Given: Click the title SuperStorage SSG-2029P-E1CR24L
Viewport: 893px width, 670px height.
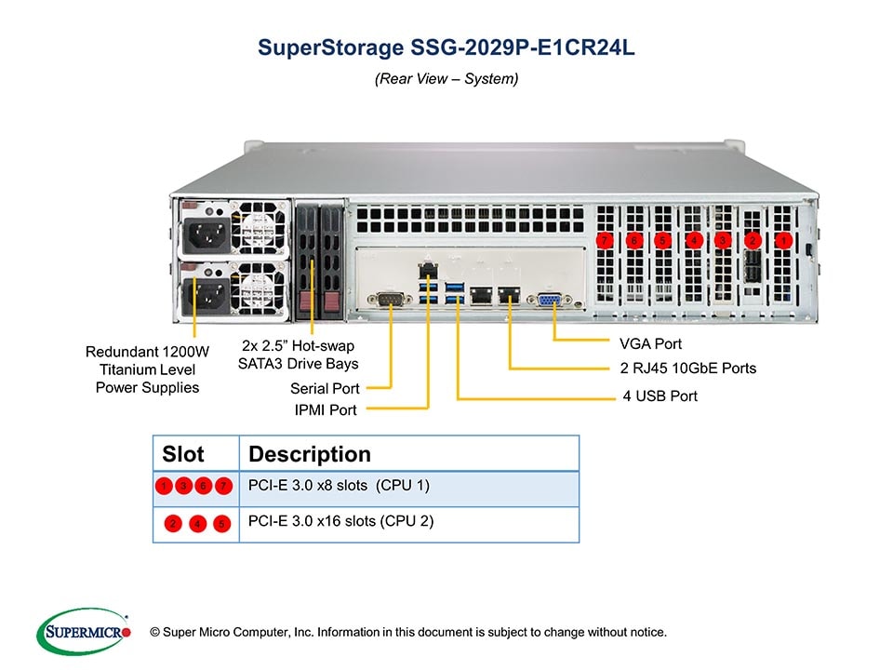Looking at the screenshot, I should [x=446, y=47].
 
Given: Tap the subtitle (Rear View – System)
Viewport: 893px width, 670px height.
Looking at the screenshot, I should [x=446, y=79].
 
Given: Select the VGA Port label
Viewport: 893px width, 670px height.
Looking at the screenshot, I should [x=650, y=343].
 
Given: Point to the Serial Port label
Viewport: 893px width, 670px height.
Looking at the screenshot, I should [x=325, y=388].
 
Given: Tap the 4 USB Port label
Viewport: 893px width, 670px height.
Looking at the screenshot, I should [x=660, y=396].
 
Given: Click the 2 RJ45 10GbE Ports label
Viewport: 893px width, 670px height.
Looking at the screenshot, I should [x=687, y=368].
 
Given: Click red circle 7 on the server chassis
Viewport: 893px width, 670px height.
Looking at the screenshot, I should [x=606, y=241].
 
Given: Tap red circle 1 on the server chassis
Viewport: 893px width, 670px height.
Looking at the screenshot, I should [x=784, y=240].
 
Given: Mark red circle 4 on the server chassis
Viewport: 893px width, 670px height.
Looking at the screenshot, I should [x=694, y=241].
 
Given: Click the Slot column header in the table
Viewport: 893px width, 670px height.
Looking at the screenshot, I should [x=183, y=454].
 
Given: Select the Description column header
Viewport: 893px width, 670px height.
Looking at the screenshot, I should [x=310, y=454].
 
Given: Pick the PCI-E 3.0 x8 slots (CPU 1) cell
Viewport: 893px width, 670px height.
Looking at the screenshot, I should [x=340, y=486].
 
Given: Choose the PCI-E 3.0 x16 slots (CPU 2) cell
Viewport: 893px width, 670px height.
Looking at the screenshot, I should [x=341, y=521].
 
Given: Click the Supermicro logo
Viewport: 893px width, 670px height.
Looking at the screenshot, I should [x=83, y=632].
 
